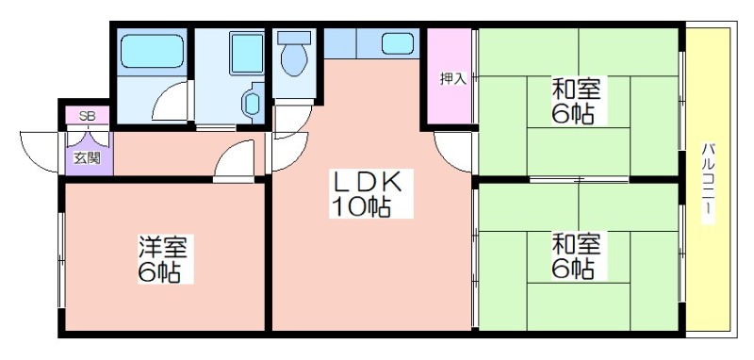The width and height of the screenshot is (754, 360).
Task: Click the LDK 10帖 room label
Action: tap(370, 193)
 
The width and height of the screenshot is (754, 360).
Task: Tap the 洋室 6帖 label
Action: tap(166, 258)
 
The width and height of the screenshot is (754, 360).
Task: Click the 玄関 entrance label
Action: tap(87, 158)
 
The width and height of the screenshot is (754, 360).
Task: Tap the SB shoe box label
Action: tap(87, 116)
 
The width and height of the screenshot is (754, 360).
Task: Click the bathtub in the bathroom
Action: tap(152, 51)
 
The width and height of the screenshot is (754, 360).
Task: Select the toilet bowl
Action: tap(294, 60)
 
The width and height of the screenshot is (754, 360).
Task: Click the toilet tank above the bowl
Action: tap(294, 39)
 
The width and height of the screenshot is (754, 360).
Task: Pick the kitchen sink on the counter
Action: tap(398, 43)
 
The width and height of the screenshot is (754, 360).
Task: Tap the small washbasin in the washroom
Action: tap(252, 103)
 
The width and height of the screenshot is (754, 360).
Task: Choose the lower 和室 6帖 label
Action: tap(576, 255)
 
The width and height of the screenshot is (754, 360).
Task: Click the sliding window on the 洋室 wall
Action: tap(61, 259)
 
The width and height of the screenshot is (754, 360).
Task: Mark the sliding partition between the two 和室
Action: tap(579, 180)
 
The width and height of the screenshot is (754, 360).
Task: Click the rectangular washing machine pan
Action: tap(247, 53)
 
